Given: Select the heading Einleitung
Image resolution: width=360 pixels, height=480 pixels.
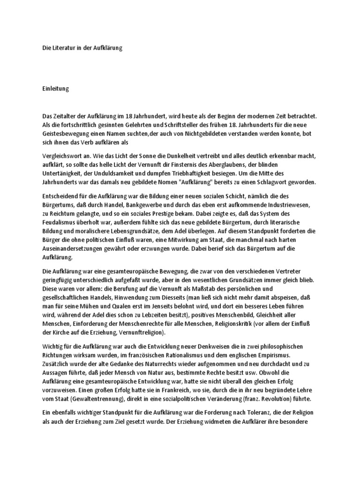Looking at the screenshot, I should click(x=55, y=89).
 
